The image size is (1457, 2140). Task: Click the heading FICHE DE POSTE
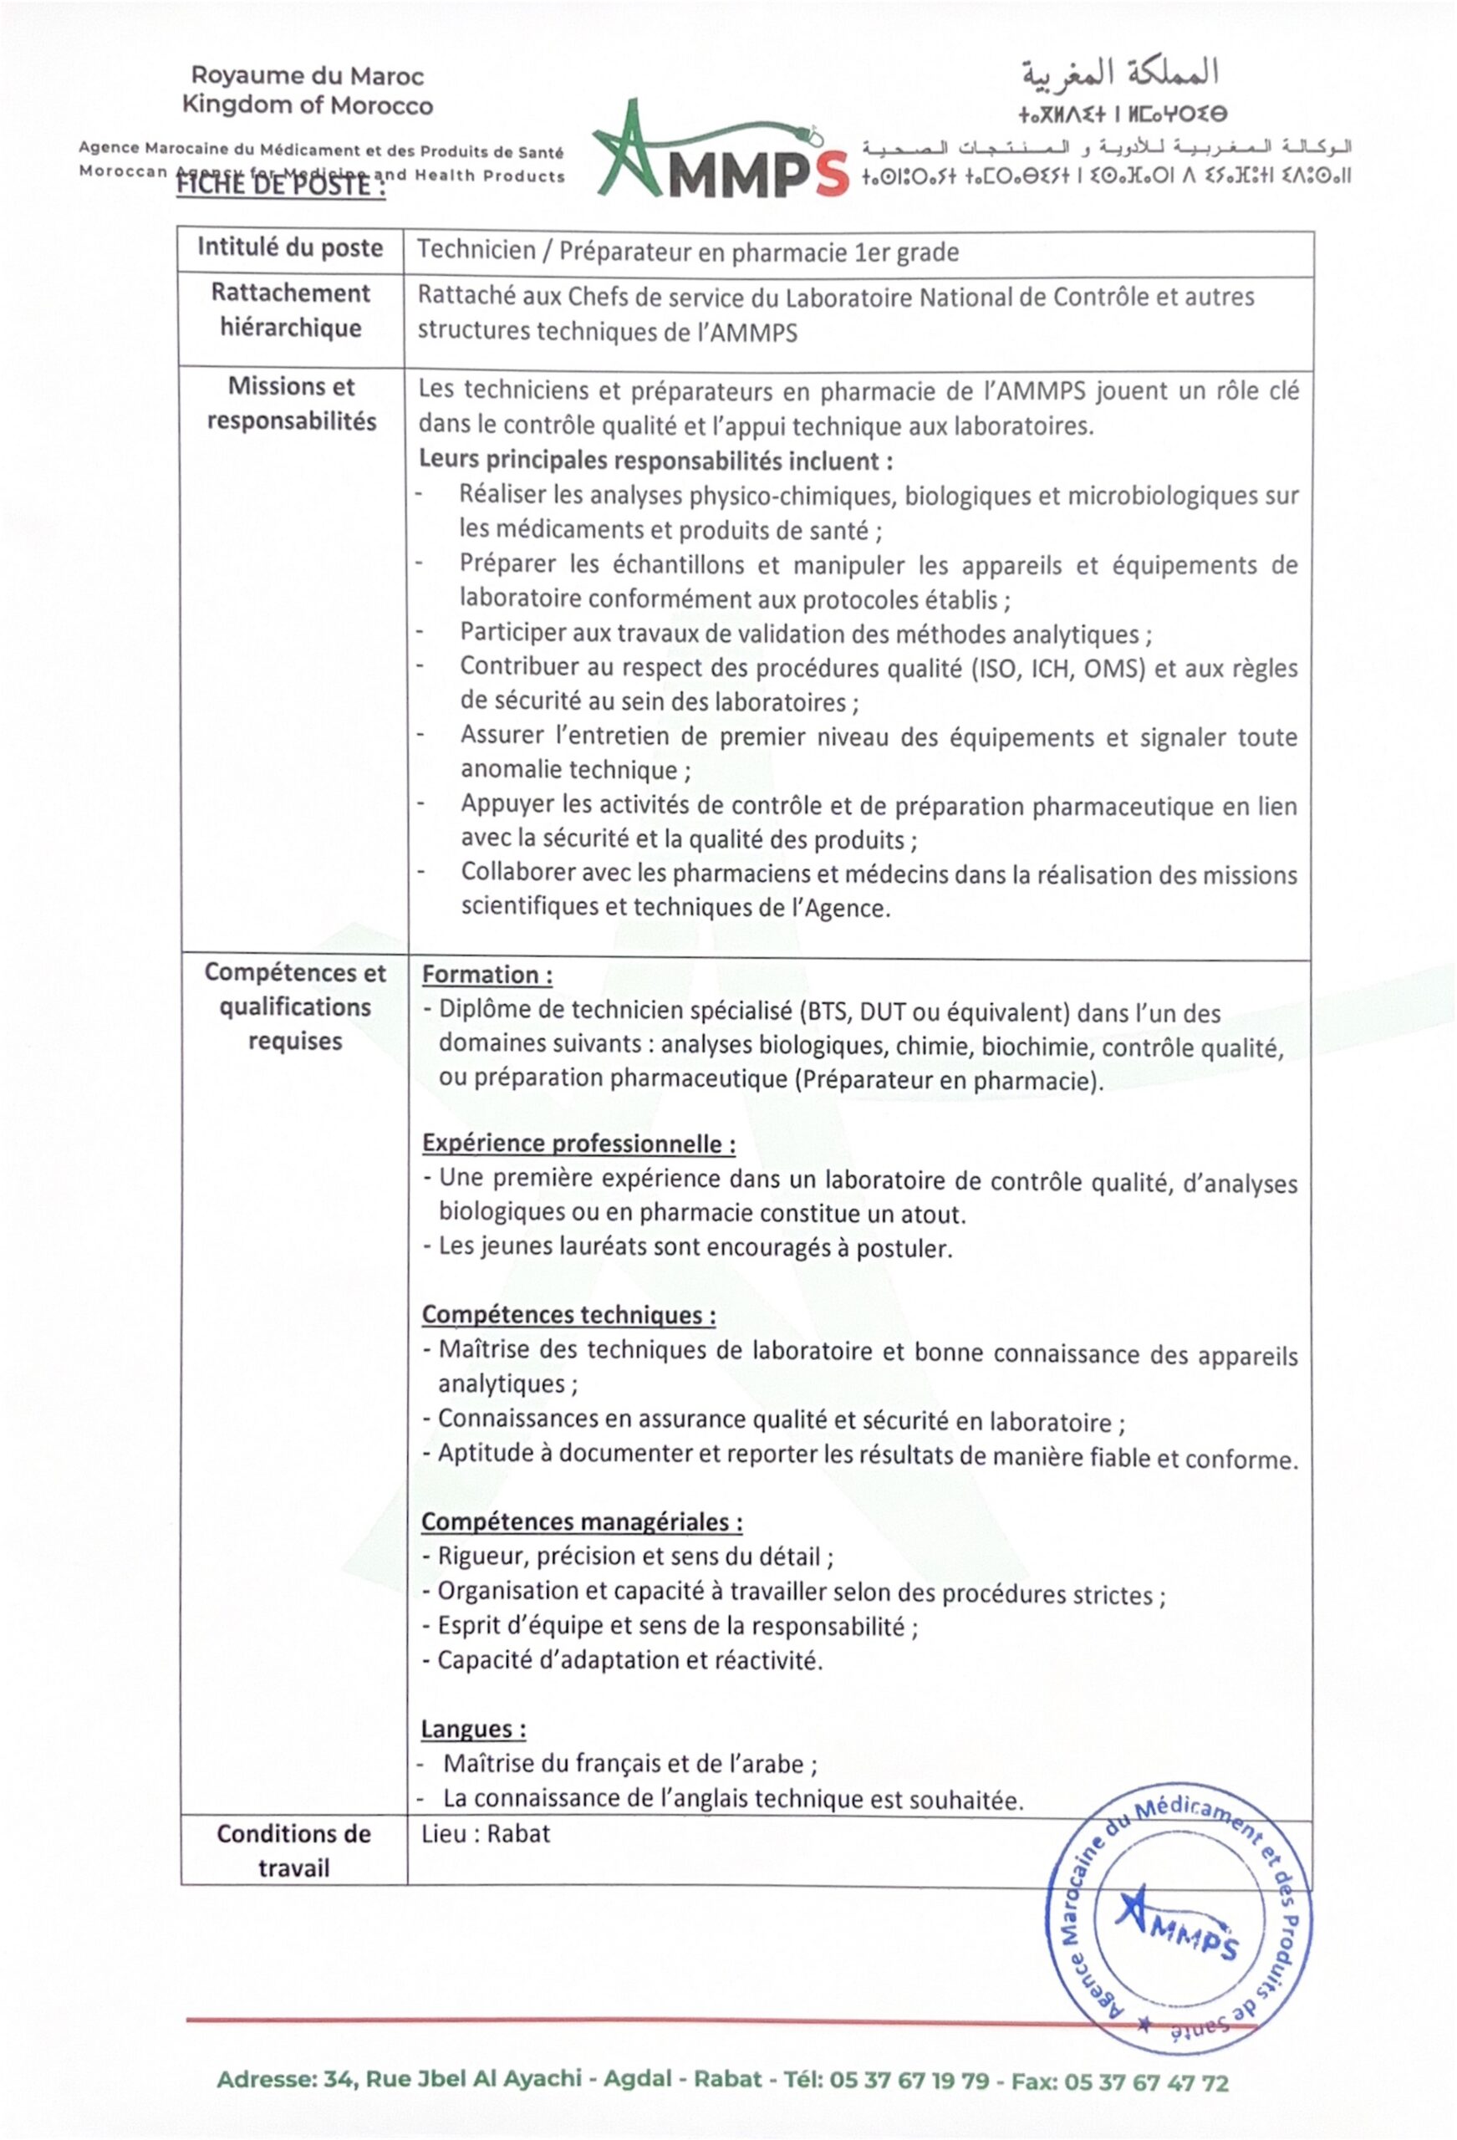[281, 184]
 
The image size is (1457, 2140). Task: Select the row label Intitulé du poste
[290, 247]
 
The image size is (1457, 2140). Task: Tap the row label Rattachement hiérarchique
[290, 310]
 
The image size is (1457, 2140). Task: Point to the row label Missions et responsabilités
[291, 403]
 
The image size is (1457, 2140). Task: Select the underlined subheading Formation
[487, 974]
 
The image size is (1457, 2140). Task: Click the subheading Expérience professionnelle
[578, 1144]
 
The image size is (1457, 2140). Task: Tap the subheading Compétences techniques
[568, 1315]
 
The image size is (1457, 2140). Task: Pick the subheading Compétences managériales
[581, 1521]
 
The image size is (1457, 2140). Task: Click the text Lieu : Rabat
[486, 1833]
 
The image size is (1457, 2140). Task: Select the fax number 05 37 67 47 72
[1146, 2082]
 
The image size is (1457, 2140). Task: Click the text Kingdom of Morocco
[307, 105]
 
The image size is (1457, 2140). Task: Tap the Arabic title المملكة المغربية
[1119, 74]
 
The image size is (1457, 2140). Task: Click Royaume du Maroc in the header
[307, 76]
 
